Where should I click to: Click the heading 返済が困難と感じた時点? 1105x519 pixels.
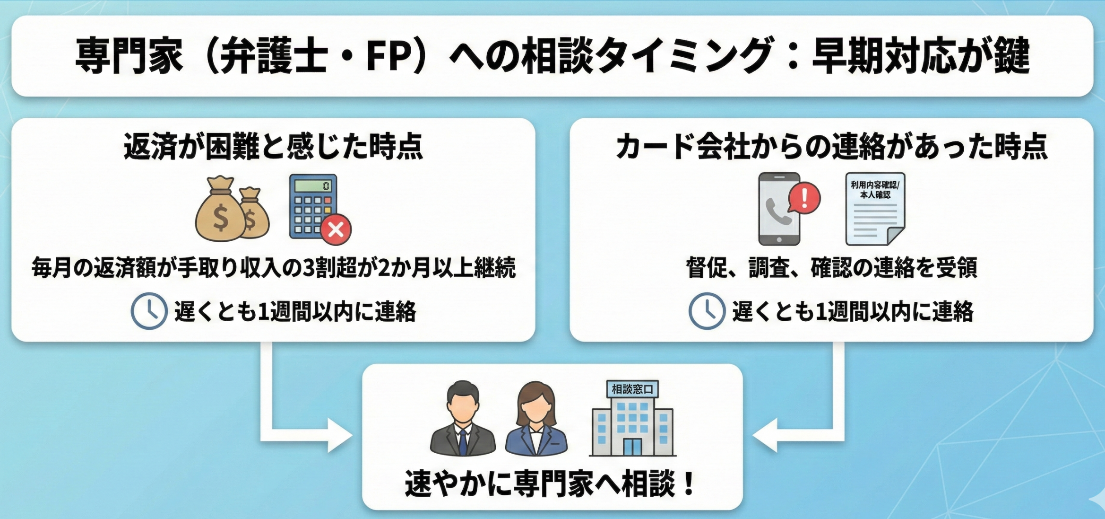click(x=273, y=147)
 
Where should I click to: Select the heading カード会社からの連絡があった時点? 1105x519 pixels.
click(x=832, y=147)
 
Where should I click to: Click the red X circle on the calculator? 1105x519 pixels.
click(x=336, y=230)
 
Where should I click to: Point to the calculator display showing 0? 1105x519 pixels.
click(x=313, y=185)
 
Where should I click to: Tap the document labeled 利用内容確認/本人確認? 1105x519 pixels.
click(x=875, y=209)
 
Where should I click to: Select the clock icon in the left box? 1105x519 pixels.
click(x=149, y=311)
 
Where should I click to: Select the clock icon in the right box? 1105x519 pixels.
click(x=707, y=311)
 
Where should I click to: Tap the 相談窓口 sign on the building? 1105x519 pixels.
click(x=632, y=389)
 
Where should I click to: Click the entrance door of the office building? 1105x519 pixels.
click(x=632, y=446)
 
